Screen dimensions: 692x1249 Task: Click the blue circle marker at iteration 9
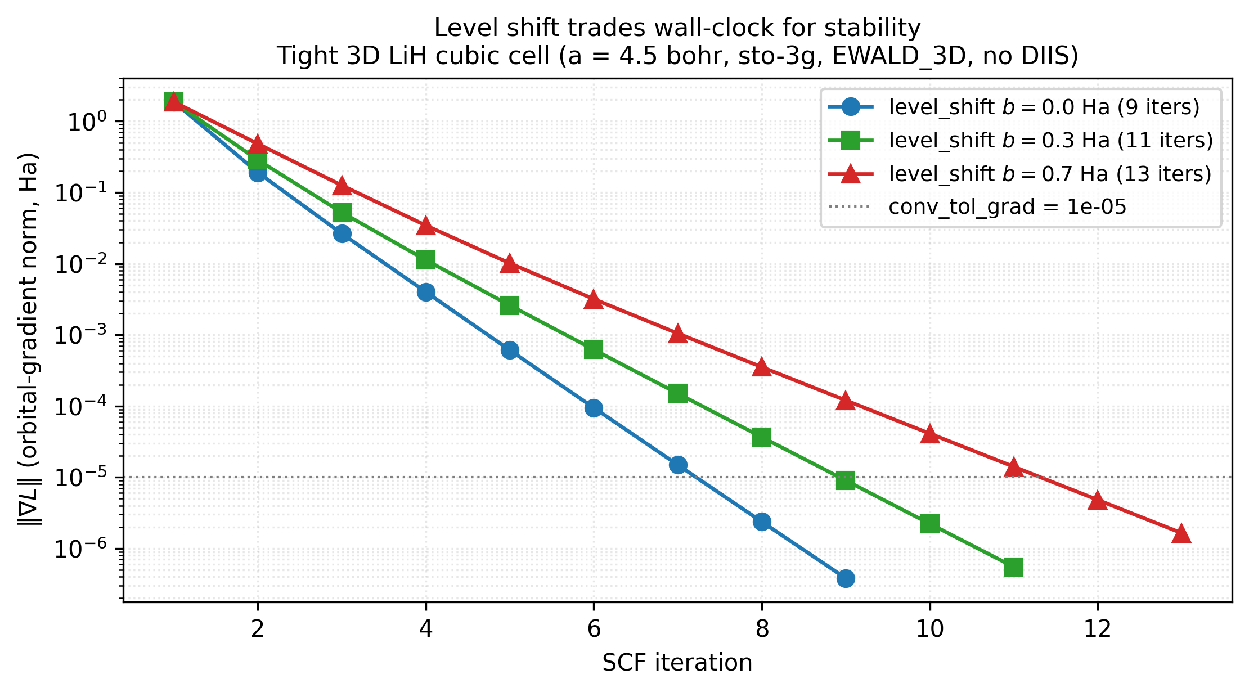coord(845,578)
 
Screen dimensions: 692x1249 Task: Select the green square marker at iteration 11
coord(1013,567)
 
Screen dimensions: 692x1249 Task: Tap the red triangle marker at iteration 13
coord(1181,533)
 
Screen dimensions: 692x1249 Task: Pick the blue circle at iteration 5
coord(510,350)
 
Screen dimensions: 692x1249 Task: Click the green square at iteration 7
coord(678,393)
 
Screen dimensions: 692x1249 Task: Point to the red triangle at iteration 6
coord(594,299)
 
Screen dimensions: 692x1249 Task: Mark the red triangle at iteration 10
coord(929,434)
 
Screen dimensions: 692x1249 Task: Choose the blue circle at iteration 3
coord(342,234)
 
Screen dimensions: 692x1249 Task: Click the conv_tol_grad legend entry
coord(1007,207)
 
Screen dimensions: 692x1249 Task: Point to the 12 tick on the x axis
coord(1098,629)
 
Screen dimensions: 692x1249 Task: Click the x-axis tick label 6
coord(594,629)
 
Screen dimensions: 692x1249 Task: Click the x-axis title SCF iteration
coord(677,663)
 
